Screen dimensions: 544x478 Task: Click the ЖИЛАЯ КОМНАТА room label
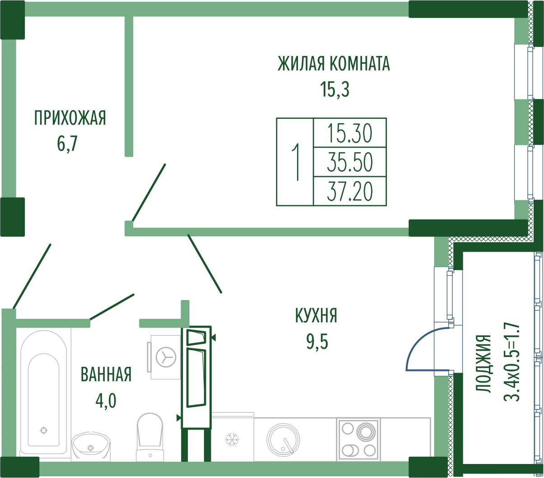[334, 64]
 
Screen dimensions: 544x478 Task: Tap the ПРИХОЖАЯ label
[70, 118]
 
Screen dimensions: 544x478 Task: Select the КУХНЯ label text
[316, 315]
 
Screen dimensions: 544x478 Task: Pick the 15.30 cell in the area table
[349, 133]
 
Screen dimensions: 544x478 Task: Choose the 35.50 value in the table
[349, 162]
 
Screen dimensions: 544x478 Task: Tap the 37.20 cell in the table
[349, 191]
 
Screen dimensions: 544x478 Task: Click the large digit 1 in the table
[296, 162]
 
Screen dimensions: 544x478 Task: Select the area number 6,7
[67, 144]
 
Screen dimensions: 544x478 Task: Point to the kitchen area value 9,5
[317, 342]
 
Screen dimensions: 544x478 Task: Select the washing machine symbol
[164, 357]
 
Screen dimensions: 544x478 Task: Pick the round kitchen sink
[283, 440]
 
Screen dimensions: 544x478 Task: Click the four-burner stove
[359, 440]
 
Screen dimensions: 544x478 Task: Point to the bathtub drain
[43, 431]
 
